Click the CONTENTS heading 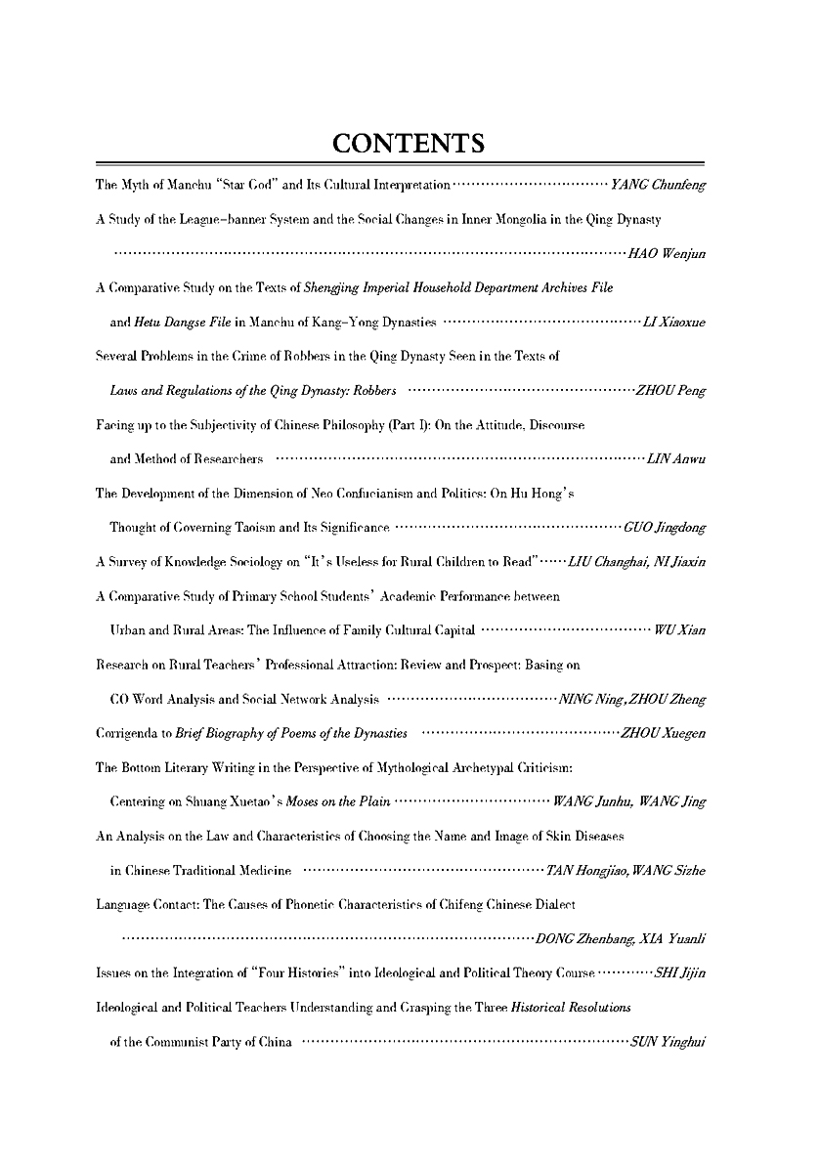click(x=410, y=145)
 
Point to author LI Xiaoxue click(x=673, y=323)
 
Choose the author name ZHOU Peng click(x=670, y=391)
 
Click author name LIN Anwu click(x=675, y=459)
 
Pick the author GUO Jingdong click(x=665, y=528)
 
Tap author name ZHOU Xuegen click(x=663, y=733)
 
